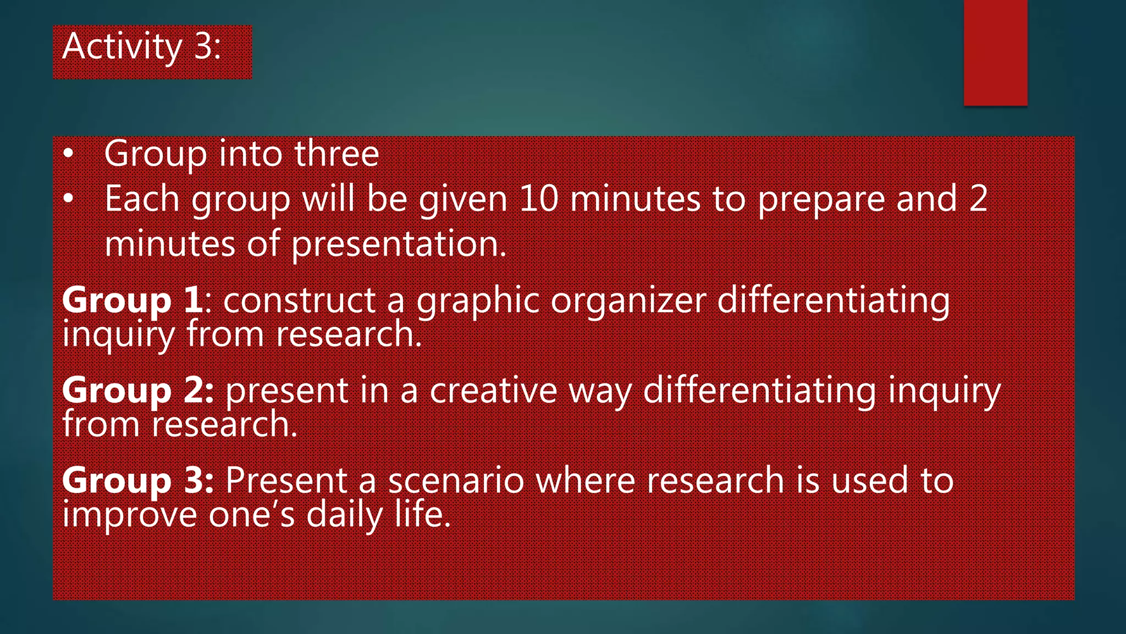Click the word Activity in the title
coord(122,47)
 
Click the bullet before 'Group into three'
coord(68,154)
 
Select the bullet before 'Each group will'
coord(68,199)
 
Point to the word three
coord(336,154)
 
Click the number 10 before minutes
coord(538,199)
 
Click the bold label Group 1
coord(132,301)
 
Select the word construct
coord(300,301)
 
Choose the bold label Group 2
coord(137,391)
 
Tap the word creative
coord(493,391)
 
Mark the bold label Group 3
coord(137,481)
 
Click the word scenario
coord(456,481)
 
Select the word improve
coord(129,516)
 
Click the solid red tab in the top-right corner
coord(995,53)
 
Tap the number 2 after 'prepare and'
coord(978,199)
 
